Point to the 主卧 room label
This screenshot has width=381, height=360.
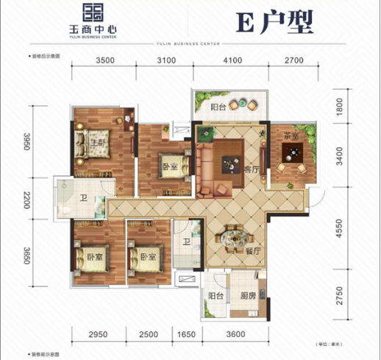[97, 142]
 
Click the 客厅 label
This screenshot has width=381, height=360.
[252, 168]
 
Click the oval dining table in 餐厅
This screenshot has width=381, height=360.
[235, 239]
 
